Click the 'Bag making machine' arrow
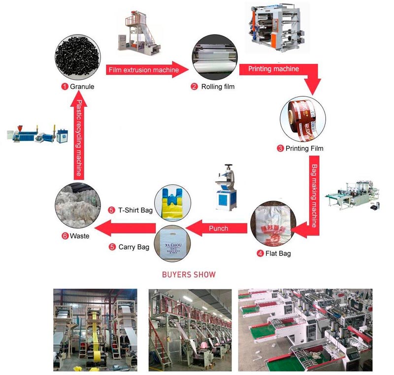[x=316, y=192]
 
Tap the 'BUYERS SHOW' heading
[x=189, y=274]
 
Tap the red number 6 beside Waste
[x=65, y=236]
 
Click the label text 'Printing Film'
[x=306, y=148]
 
